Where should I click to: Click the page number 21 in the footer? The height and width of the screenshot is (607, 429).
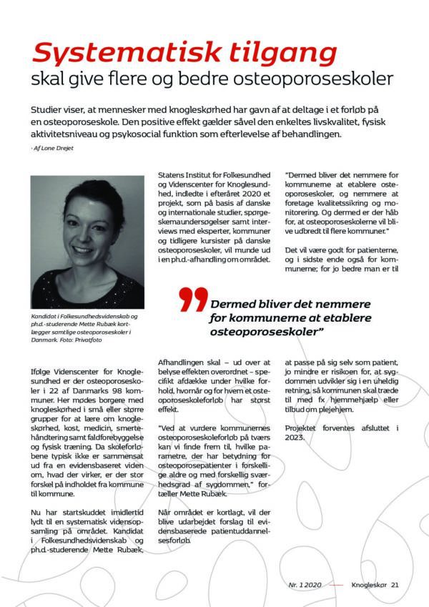click(395, 585)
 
